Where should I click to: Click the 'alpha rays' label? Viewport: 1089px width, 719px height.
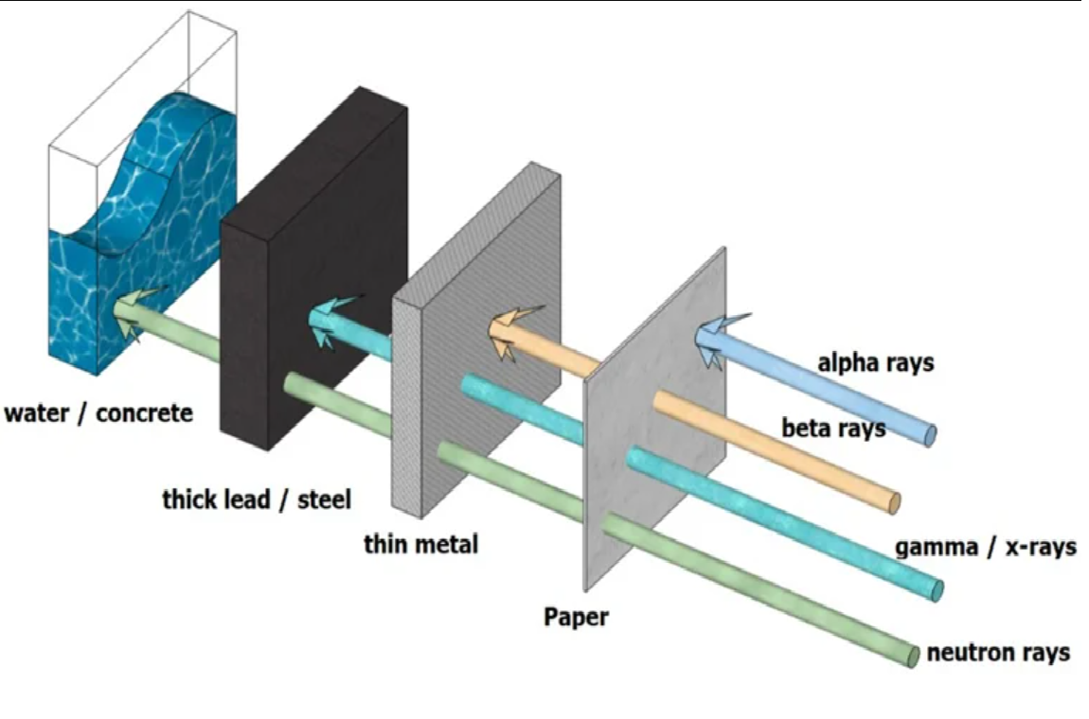(875, 363)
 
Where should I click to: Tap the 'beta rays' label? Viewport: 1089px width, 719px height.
(833, 428)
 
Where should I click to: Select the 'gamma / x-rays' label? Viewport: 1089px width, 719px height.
(986, 548)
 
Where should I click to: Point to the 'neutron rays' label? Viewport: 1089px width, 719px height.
(998, 653)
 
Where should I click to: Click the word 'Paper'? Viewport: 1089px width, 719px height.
(576, 617)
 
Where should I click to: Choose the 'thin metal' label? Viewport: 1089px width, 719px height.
(420, 543)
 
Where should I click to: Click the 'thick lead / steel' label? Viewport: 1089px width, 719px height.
(257, 499)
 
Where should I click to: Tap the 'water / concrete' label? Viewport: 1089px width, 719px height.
(98, 413)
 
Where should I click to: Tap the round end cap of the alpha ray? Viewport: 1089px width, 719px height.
(930, 435)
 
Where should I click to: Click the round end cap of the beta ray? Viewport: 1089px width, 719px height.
(895, 503)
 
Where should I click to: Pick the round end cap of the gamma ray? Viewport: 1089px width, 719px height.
(937, 590)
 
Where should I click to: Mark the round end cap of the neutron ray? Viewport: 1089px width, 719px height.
(912, 656)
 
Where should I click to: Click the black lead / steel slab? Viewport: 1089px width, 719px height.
(312, 270)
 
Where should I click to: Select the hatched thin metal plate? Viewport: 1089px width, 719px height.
(476, 340)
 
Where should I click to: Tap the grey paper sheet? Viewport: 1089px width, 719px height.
(654, 419)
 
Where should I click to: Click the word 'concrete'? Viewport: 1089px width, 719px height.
(145, 413)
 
